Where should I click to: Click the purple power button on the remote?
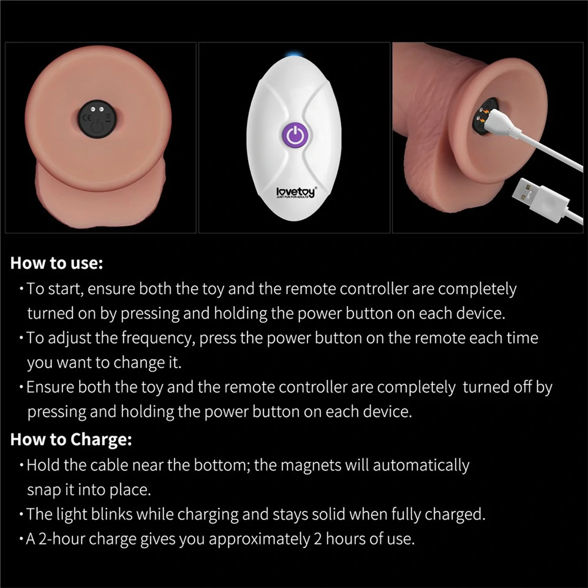pyautogui.click(x=295, y=135)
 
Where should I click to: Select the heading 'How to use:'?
pyautogui.click(x=57, y=264)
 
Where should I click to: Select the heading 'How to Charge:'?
pyautogui.click(x=71, y=439)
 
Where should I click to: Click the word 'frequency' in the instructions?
pyautogui.click(x=156, y=337)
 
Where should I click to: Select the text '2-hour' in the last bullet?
pyautogui.click(x=61, y=539)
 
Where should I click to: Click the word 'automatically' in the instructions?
pyautogui.click(x=421, y=465)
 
